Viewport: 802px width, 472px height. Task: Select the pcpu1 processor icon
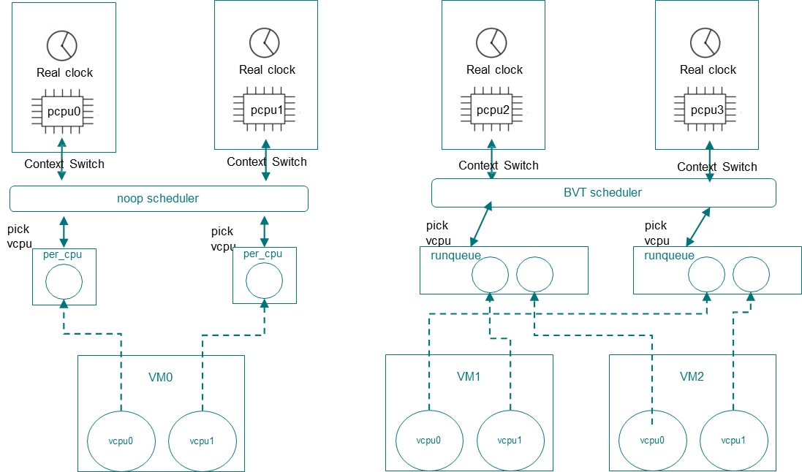click(x=265, y=110)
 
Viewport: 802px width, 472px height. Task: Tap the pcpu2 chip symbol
click(x=492, y=110)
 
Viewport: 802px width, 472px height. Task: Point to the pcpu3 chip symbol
click(x=707, y=110)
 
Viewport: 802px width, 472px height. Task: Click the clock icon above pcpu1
click(x=264, y=43)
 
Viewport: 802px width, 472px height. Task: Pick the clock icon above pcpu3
click(x=705, y=42)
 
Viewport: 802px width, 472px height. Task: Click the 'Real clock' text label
click(x=64, y=73)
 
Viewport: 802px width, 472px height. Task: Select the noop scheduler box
click(x=158, y=198)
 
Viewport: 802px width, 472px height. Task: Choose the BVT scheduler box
click(x=603, y=193)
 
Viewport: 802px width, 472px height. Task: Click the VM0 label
click(x=161, y=378)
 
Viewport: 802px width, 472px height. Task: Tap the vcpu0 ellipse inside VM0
click(x=121, y=441)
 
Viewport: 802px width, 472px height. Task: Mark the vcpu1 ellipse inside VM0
click(x=202, y=441)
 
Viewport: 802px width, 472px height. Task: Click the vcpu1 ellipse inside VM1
click(x=510, y=441)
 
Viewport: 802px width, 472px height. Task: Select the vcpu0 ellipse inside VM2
click(x=652, y=441)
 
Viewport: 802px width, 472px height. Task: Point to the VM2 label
click(x=692, y=377)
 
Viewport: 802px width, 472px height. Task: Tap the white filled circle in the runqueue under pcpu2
click(x=490, y=275)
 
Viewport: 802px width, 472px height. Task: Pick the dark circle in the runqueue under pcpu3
click(x=751, y=275)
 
